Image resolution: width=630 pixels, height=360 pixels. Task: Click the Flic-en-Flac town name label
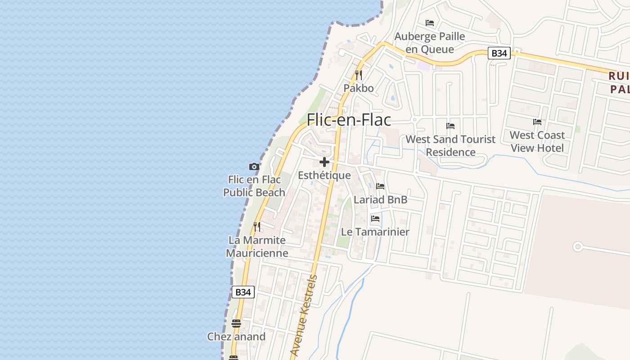pos(349,120)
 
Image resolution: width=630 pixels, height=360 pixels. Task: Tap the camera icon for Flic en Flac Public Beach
pos(254,167)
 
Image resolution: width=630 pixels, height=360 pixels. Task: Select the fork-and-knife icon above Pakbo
pos(359,75)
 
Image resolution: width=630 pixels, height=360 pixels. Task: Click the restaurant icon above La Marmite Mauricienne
pos(257,226)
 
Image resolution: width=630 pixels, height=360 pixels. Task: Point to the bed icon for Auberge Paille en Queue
pos(430,23)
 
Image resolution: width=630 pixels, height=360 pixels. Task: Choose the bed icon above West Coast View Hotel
pos(537,122)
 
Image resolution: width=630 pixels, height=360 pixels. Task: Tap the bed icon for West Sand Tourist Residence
pos(450,126)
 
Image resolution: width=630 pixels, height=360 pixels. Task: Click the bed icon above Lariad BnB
pos(380,186)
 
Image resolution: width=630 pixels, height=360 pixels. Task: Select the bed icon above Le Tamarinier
pos(375,219)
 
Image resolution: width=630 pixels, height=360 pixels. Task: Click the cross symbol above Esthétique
pos(324,162)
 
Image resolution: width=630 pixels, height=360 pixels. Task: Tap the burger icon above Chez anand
pos(236,323)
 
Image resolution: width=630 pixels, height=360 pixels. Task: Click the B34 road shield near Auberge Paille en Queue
pos(499,53)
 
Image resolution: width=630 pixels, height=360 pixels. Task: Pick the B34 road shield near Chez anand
pos(243,292)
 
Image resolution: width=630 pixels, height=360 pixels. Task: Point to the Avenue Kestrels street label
pos(304,315)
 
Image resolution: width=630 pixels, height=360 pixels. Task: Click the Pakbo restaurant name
pos(359,88)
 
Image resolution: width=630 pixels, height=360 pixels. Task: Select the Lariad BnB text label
pos(380,199)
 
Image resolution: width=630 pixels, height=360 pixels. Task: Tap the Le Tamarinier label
pos(375,232)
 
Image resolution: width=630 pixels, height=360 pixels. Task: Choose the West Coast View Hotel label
pos(537,141)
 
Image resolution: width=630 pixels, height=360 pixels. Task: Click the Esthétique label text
pos(324,175)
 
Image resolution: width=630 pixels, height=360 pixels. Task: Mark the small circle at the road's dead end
pos(578,247)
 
